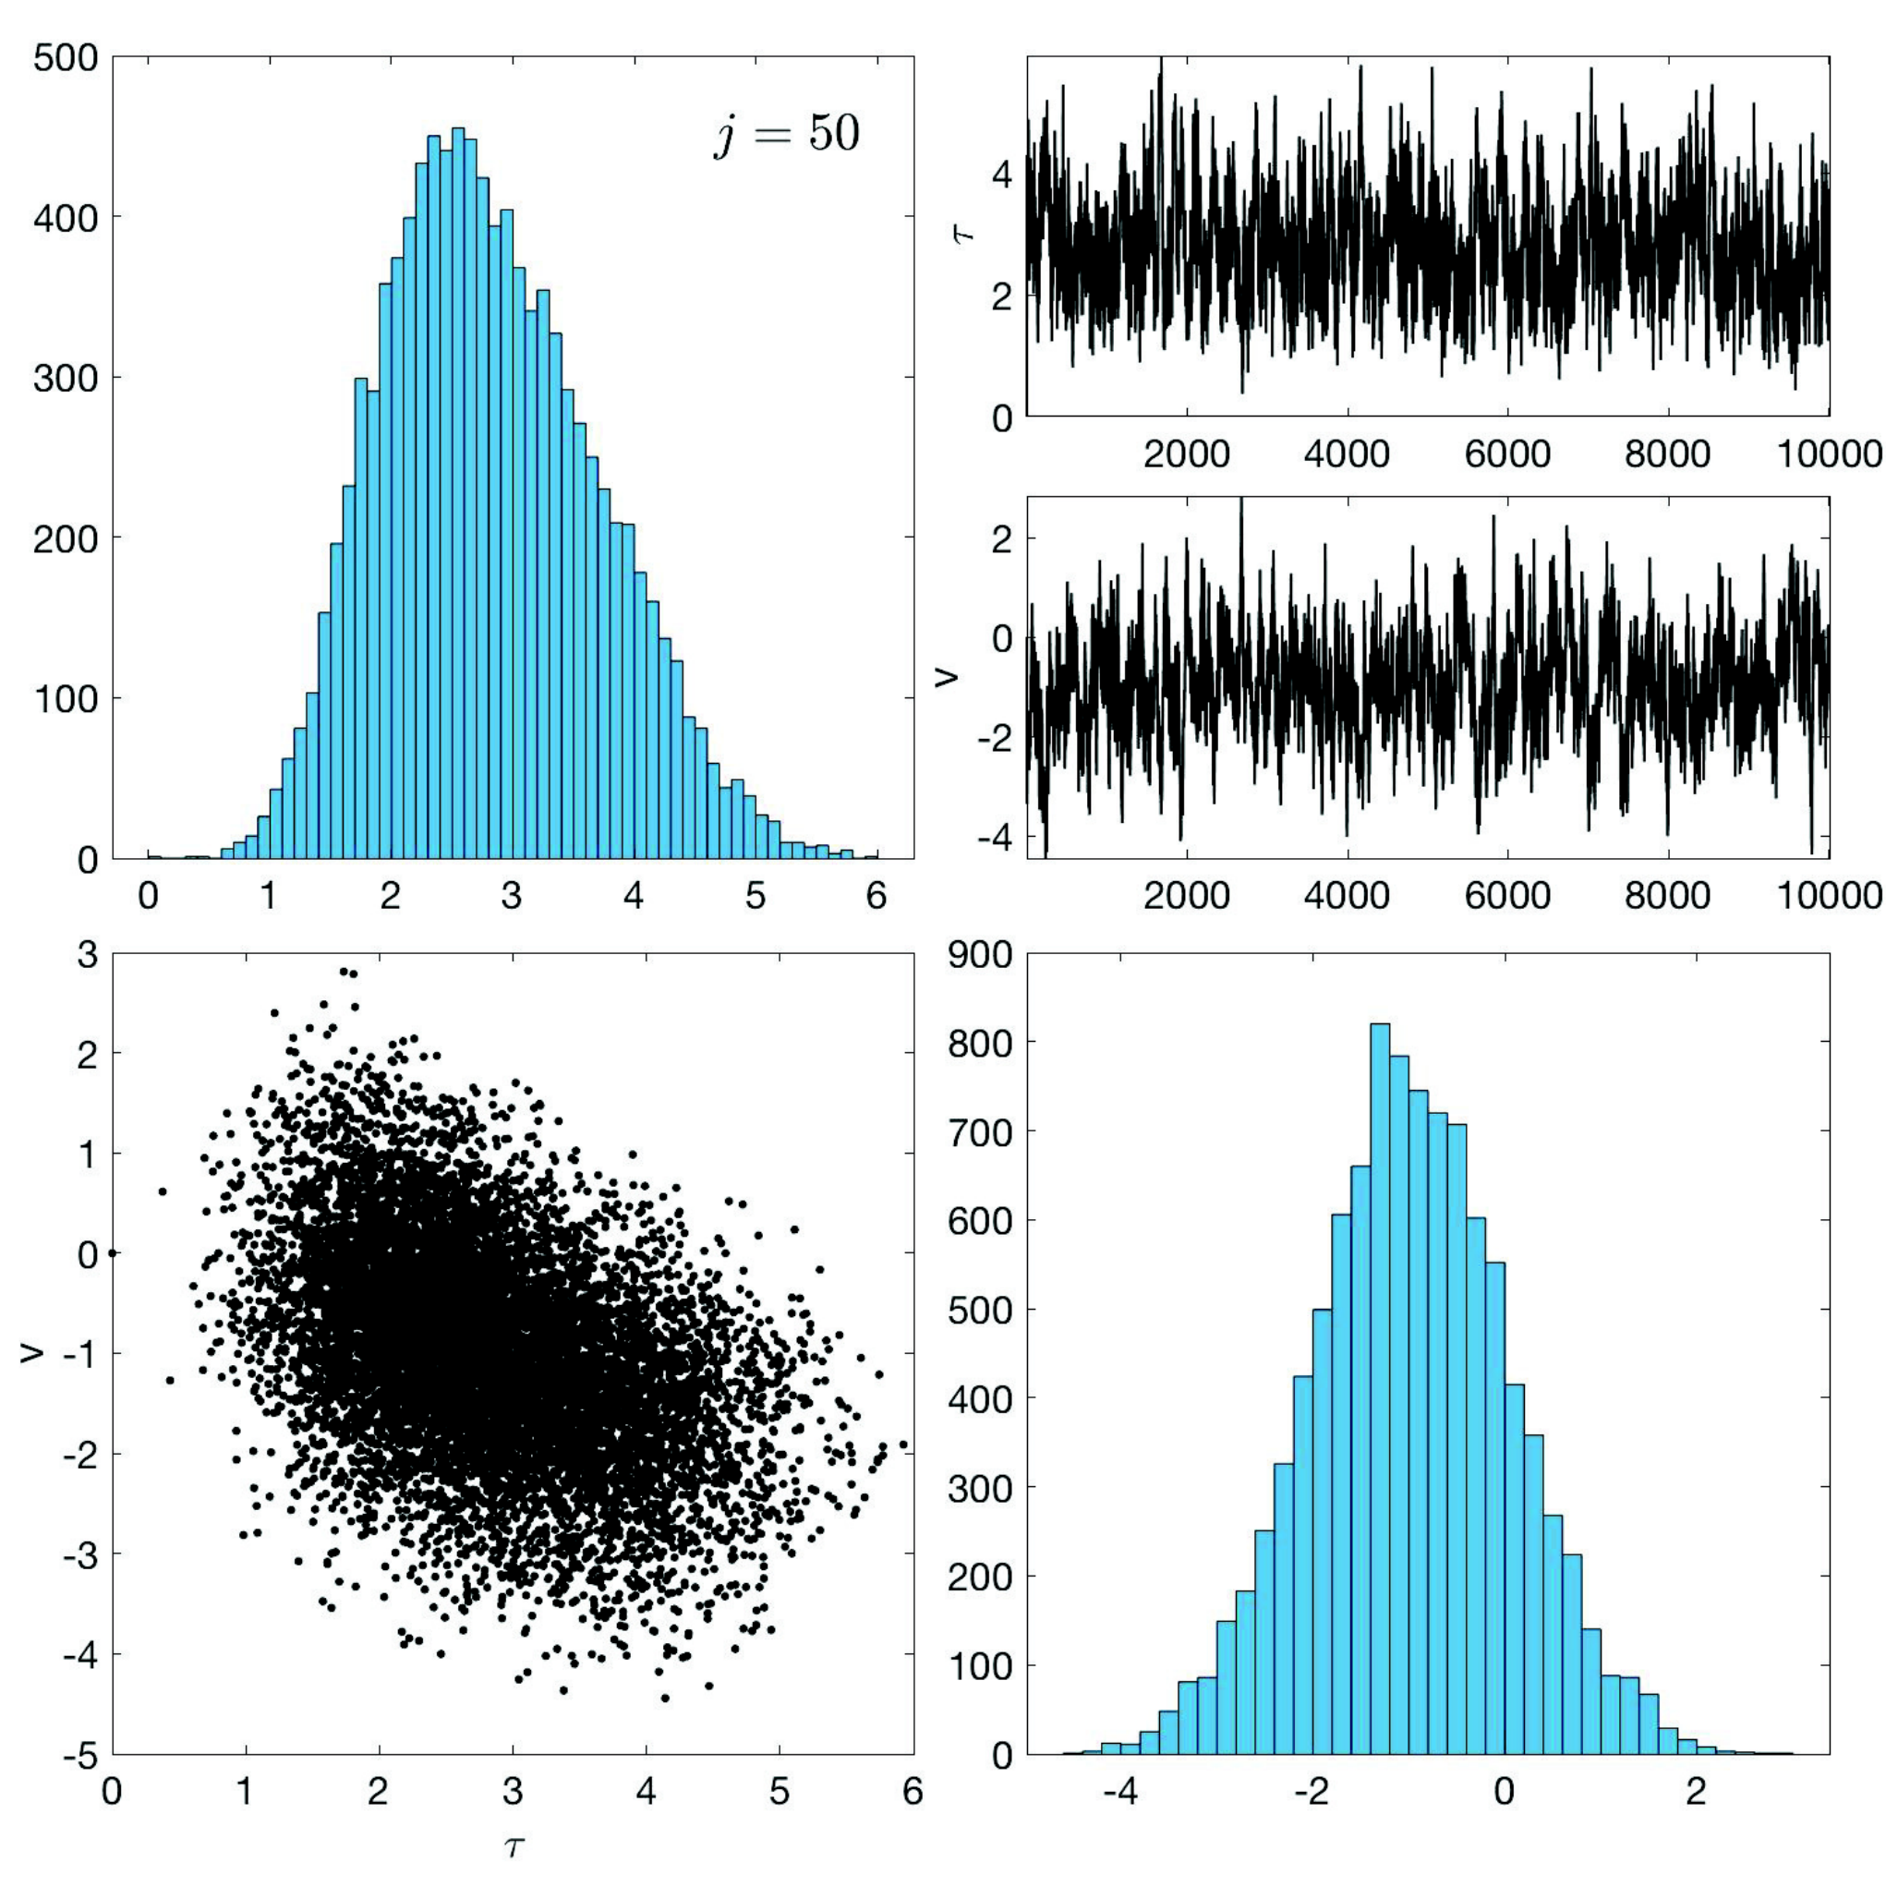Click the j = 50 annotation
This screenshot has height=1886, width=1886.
tap(787, 135)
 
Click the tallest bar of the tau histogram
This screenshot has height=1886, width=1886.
tap(458, 493)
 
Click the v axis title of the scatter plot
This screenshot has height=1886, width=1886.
tap(33, 1352)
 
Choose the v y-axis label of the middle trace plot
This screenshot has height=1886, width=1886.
tap(946, 675)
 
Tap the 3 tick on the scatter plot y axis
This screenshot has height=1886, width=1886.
tap(88, 955)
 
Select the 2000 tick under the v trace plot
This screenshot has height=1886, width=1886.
tap(1186, 894)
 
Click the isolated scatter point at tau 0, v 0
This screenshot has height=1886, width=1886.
tap(114, 1252)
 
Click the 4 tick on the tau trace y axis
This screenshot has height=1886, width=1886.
tap(1001, 175)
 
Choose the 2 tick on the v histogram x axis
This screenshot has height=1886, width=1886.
tap(1697, 1791)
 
